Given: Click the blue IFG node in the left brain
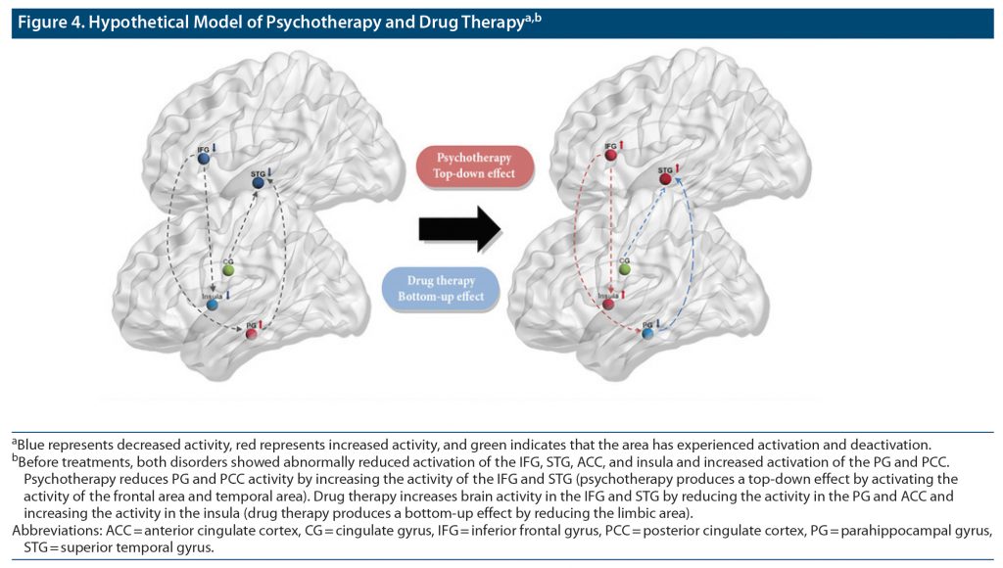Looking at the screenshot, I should [203, 159].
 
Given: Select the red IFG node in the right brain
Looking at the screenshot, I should [611, 155].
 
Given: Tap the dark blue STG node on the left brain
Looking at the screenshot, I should [259, 183].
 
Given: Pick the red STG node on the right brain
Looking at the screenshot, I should [665, 179].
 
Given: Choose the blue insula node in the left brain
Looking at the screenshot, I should [213, 305].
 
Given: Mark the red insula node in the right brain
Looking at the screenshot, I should [608, 304].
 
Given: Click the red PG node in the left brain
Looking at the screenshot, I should [252, 335].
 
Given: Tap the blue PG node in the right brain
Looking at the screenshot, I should [647, 334].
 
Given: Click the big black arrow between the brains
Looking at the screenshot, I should [459, 229].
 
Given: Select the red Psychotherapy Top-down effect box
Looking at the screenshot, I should [474, 166].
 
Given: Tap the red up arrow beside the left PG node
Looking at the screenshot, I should [263, 324].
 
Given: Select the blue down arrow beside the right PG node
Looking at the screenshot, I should [659, 323].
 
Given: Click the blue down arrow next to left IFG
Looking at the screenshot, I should [215, 147].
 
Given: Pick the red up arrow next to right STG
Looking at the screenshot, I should [676, 168].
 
